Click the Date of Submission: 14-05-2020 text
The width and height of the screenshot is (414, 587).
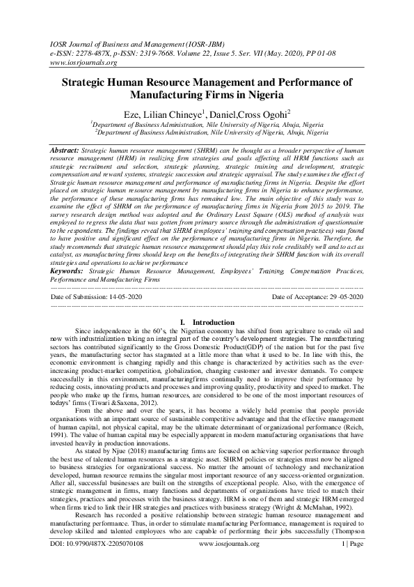[x=97, y=297]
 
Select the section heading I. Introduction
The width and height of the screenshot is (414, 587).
[x=207, y=322]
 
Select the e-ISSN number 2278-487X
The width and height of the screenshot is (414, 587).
[x=93, y=52]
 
